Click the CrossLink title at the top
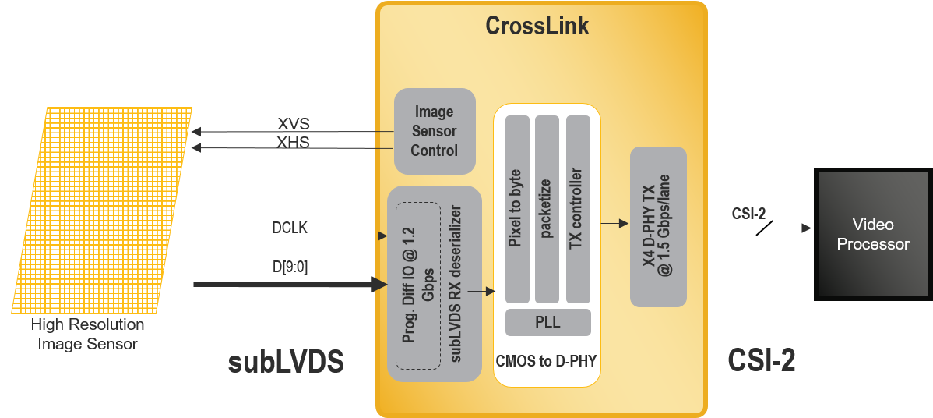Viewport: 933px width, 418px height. coord(537,26)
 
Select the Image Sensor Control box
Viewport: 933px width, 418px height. coord(434,131)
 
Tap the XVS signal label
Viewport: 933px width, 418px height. coord(293,124)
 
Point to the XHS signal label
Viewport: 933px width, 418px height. coord(293,141)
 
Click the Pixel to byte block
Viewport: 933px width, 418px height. coord(517,209)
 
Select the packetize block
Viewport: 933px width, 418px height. coord(547,209)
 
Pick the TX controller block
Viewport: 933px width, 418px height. coord(577,209)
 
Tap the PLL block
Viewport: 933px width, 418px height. coord(547,322)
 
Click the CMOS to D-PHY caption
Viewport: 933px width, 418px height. coord(547,360)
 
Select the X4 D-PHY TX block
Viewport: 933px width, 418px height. coord(657,226)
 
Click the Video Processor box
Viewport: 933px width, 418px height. coord(873,234)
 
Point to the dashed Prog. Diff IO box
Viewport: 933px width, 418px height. coord(418,285)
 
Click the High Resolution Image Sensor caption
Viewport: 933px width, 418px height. coord(87,334)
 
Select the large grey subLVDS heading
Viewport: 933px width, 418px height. coord(286,363)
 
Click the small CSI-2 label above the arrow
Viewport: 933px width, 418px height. coord(748,214)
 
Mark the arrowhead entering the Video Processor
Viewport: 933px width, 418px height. coord(806,228)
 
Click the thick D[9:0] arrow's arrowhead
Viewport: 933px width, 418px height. coord(381,285)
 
